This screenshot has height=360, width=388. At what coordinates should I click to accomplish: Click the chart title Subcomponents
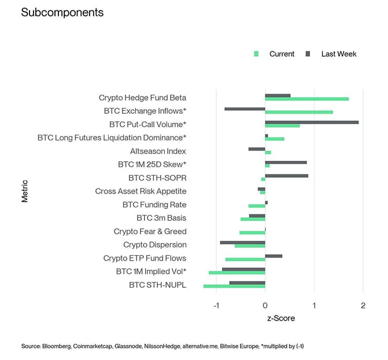[x=62, y=12]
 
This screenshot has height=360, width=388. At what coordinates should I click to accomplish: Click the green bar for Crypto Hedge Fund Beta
[x=306, y=99]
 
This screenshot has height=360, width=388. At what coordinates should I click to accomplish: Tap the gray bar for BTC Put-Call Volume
[x=312, y=122]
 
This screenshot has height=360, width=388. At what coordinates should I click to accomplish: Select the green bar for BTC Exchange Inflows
[x=299, y=112]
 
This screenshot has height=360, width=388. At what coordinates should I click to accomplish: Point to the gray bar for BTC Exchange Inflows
[x=245, y=109]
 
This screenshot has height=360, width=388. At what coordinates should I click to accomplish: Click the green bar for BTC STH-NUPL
[x=234, y=286]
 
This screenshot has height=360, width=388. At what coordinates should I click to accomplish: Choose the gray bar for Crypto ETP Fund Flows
[x=274, y=255]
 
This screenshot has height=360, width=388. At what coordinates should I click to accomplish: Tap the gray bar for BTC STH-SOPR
[x=286, y=176]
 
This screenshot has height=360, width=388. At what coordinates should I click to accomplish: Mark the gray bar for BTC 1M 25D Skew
[x=286, y=162]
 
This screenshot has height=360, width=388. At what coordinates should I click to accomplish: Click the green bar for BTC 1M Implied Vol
[x=237, y=273]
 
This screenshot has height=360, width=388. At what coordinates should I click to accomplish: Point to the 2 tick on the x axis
[x=363, y=305]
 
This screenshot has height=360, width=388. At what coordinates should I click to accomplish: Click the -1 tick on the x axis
[x=216, y=305]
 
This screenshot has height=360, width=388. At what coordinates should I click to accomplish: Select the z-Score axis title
[x=280, y=318]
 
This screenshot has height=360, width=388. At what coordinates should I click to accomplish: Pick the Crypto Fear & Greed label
[x=150, y=231]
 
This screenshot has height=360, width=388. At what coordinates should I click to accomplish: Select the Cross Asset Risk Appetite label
[x=141, y=191]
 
